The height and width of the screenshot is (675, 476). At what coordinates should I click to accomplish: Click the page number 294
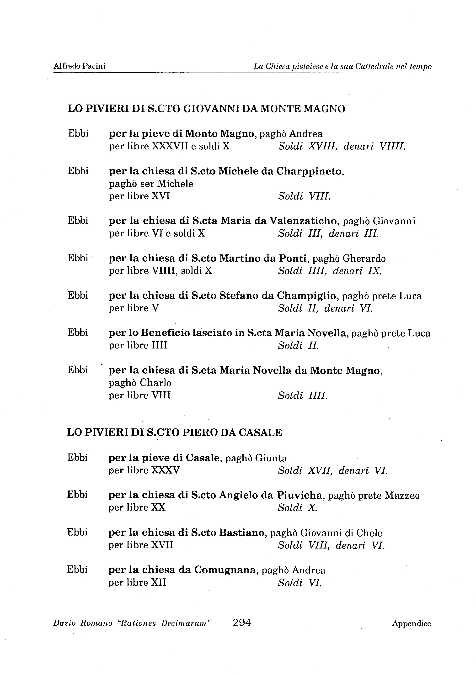[x=241, y=622]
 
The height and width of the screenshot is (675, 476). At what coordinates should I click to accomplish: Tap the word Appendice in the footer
[x=411, y=623]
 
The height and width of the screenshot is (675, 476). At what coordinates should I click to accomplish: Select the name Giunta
[x=271, y=458]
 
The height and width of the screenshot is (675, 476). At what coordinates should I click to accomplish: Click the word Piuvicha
[x=300, y=495]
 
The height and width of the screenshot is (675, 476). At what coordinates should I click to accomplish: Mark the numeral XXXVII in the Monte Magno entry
[x=170, y=146]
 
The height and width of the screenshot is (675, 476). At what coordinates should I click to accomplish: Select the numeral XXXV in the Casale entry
[x=165, y=470]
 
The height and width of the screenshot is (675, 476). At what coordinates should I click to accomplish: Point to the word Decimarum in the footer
[x=186, y=623]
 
